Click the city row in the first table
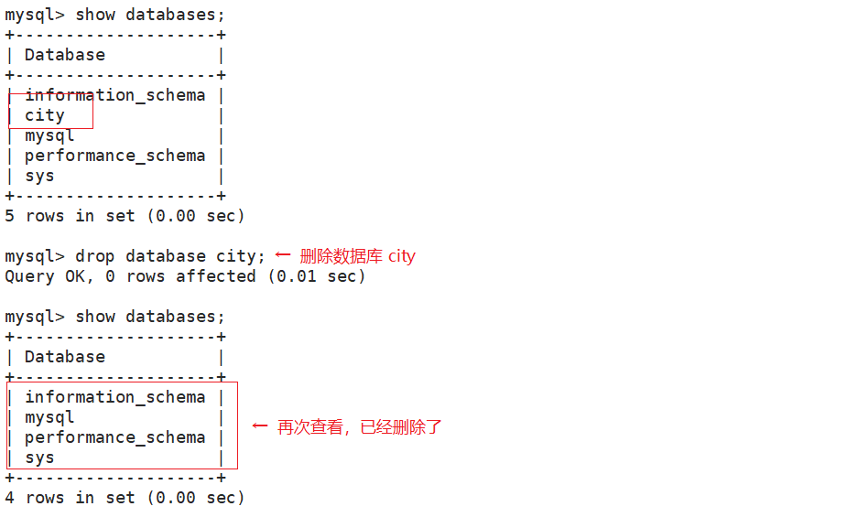pos(45,115)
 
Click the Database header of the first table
pos(65,55)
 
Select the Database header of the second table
pos(65,357)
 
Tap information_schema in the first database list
pos(114,95)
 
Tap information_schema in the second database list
pos(114,397)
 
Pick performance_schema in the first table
pos(114,156)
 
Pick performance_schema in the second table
pos(114,437)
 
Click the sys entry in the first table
pos(39,176)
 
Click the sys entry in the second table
pos(39,458)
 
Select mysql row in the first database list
pos(49,135)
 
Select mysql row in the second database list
pos(49,417)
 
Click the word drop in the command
pos(94,256)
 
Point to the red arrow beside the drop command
pos(283,255)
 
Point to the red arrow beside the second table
pos(260,426)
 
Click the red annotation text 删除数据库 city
pos(357,256)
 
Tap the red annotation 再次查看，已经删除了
pos(360,427)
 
